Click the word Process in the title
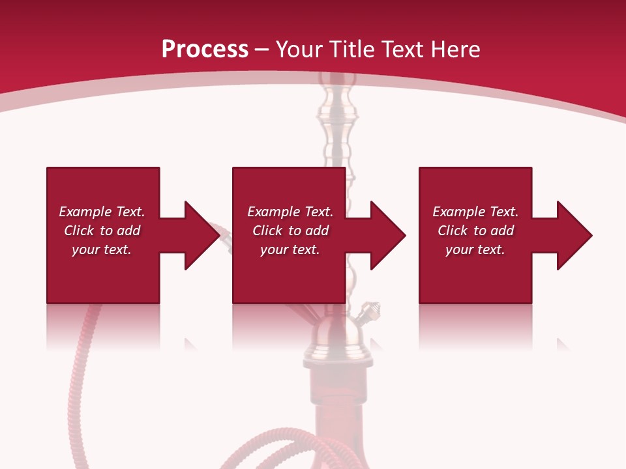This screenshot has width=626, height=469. [205, 49]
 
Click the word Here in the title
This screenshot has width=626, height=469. [456, 49]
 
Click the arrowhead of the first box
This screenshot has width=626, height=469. [201, 235]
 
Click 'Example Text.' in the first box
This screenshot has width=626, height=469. [102, 212]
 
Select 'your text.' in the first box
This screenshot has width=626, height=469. [102, 249]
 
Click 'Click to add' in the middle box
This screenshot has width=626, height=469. [290, 231]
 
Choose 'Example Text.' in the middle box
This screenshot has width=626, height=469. [290, 212]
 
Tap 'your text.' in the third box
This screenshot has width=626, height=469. [475, 249]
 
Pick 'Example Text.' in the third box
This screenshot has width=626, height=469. [475, 212]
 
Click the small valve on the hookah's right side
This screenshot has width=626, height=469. [370, 311]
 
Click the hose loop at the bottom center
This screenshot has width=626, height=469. [274, 449]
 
